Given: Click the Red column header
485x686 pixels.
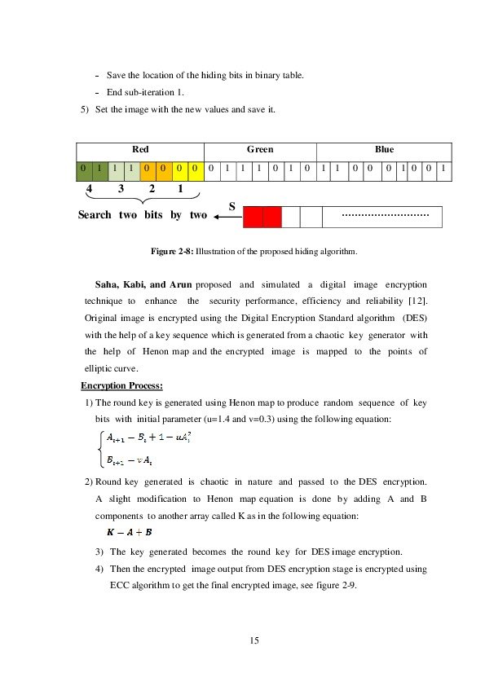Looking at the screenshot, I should click(140, 150).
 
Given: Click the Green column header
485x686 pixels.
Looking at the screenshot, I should click(260, 150).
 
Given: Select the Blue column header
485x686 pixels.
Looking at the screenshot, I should click(384, 150).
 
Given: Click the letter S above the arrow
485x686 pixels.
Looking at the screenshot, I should click(231, 207).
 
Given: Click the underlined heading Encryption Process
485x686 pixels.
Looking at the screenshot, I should click(121, 385).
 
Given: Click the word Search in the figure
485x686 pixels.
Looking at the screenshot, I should click(95, 215).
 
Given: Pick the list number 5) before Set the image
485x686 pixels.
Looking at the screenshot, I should click(86, 108).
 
